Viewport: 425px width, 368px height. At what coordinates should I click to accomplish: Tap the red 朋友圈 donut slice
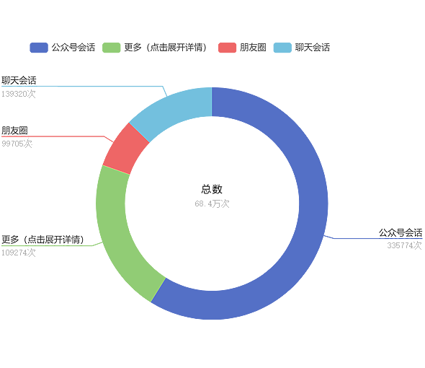point(125,150)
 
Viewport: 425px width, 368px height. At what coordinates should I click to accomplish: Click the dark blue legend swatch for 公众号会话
point(39,48)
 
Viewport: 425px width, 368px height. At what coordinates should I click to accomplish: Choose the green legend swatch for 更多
point(112,48)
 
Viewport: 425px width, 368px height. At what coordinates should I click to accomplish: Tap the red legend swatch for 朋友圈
point(227,48)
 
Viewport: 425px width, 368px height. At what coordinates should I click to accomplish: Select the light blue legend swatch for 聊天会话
point(282,48)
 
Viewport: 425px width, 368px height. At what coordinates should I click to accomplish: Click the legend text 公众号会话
point(73,48)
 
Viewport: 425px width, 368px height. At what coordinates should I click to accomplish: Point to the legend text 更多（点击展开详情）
point(166,48)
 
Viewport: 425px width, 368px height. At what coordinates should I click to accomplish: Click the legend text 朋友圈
point(253,48)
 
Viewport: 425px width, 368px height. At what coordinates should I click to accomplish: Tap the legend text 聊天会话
point(313,48)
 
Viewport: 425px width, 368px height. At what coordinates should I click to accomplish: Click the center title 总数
point(212,189)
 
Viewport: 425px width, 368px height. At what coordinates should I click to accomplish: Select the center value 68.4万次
point(212,203)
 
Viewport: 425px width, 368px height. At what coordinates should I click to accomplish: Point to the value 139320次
point(19,94)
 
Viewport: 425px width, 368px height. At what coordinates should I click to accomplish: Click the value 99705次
point(17,144)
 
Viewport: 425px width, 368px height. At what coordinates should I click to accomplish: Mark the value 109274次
point(19,253)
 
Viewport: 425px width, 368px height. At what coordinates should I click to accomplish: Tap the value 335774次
point(404,245)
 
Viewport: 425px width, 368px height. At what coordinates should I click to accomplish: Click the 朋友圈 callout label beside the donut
point(14,131)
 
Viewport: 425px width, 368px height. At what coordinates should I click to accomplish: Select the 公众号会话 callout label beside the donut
point(401,232)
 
